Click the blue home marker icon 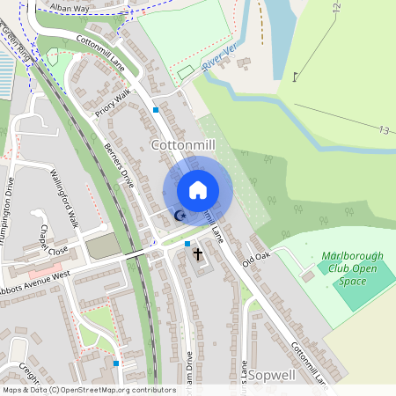(x=198, y=189)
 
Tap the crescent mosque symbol (x=181, y=216)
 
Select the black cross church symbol (x=198, y=254)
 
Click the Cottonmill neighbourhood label (x=184, y=143)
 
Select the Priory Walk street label (x=113, y=105)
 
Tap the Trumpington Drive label (x=8, y=208)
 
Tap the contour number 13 (x=384, y=131)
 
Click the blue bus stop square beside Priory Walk (x=156, y=110)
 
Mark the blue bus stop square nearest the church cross (x=187, y=243)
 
